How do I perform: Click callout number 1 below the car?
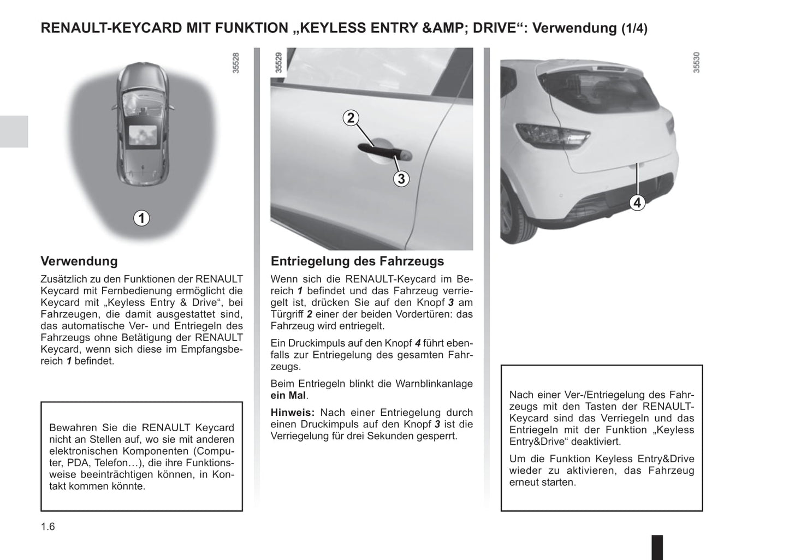tap(141, 218)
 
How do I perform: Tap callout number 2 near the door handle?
tap(351, 118)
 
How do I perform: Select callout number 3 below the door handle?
tap(401, 178)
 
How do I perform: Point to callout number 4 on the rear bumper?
tap(637, 202)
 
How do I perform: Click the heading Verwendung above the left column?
tap(79, 261)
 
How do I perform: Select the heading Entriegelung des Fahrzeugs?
tap(357, 261)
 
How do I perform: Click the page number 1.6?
tap(48, 527)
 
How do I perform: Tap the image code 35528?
tap(236, 63)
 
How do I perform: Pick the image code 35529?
tap(278, 63)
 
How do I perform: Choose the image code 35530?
tap(696, 63)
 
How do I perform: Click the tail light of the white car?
tap(551, 134)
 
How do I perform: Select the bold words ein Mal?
tap(288, 395)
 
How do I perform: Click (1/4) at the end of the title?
tap(634, 28)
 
